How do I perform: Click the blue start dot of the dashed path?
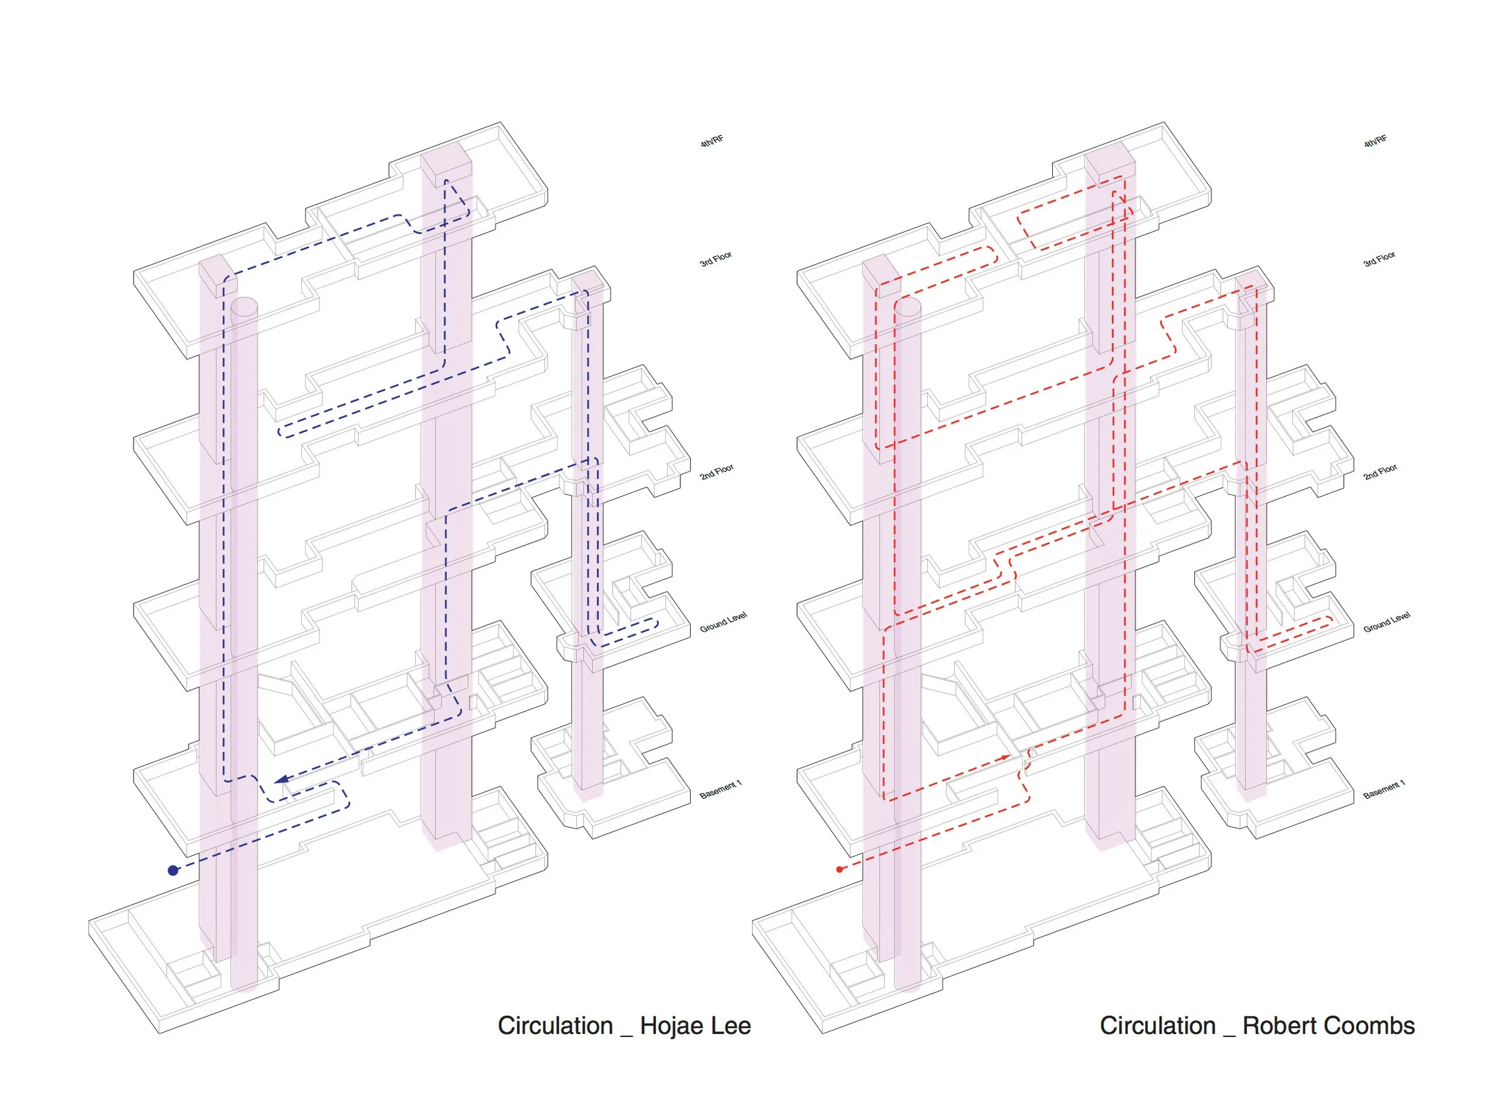173,870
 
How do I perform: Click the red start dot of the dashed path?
839,869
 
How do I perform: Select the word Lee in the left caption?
731,1026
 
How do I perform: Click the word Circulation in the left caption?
555,1026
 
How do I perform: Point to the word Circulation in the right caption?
1157,1026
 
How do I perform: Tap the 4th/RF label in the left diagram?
712,141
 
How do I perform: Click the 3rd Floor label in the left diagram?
715,259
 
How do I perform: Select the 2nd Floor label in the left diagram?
716,472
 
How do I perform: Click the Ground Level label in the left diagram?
723,622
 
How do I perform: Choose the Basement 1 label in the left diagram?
720,790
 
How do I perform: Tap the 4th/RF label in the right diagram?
1376,141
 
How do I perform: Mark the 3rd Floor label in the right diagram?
1379,259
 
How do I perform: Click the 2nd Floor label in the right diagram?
1380,472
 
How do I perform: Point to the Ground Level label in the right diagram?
1387,622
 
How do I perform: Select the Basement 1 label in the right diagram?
1384,790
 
